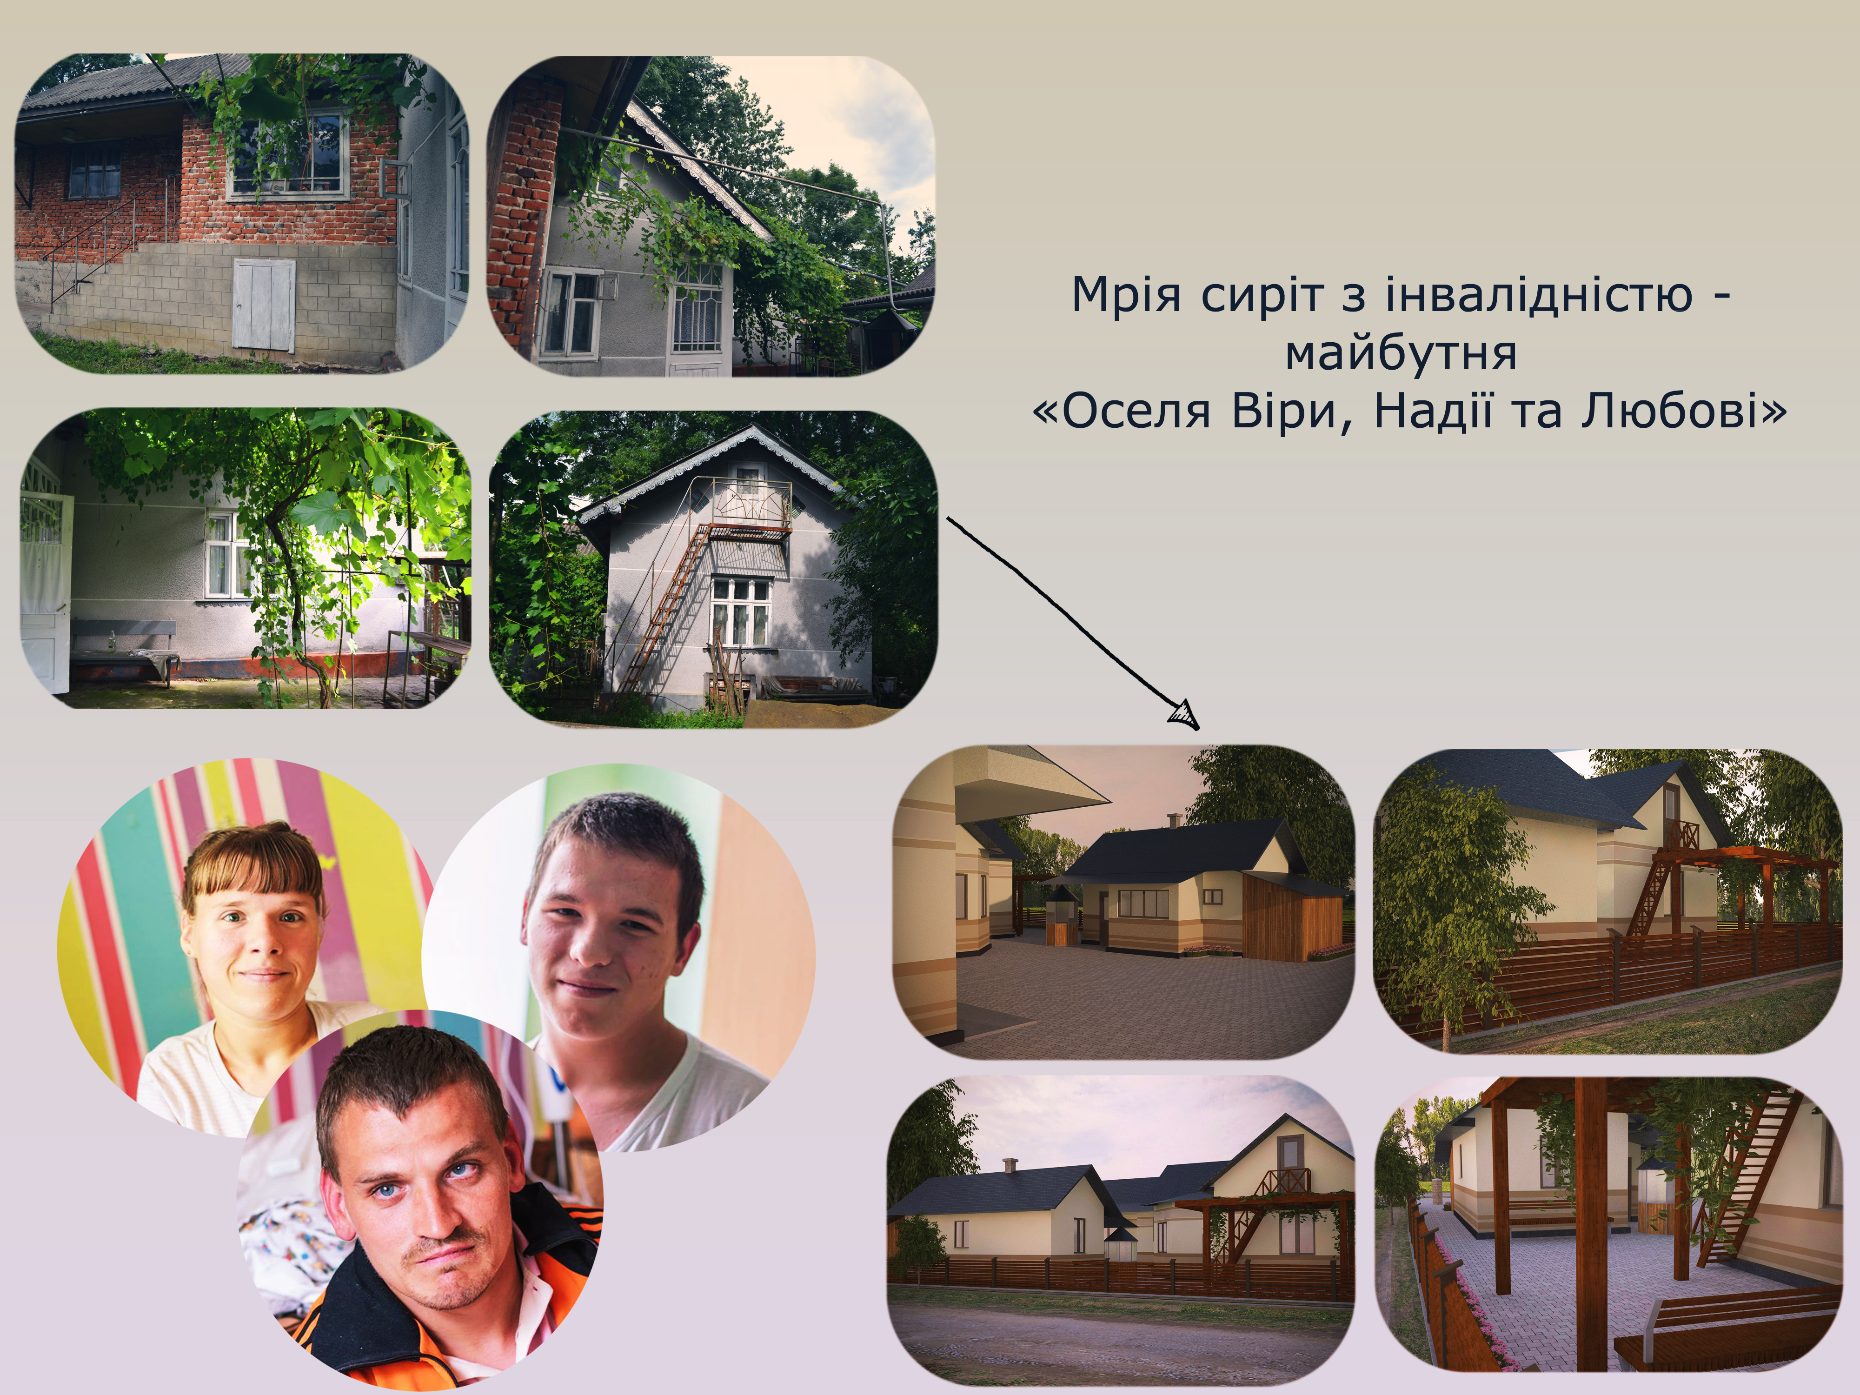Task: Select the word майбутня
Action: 1401,353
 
